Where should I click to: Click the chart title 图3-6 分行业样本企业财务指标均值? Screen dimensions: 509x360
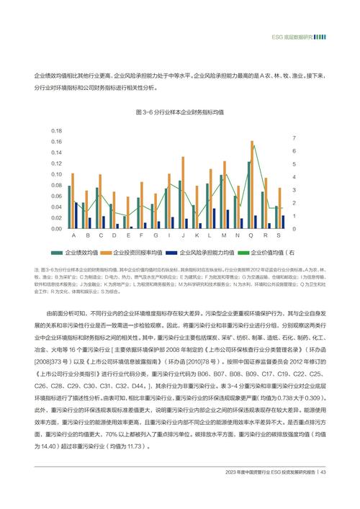click(179, 113)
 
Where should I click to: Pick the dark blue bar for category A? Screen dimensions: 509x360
click(76, 215)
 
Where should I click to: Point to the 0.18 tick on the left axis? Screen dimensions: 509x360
click(56, 130)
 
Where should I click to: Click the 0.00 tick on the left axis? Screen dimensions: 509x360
click(56, 229)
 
